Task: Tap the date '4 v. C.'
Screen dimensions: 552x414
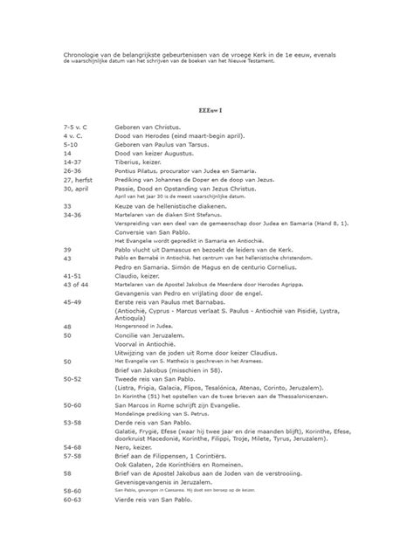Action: [x=73, y=136]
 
